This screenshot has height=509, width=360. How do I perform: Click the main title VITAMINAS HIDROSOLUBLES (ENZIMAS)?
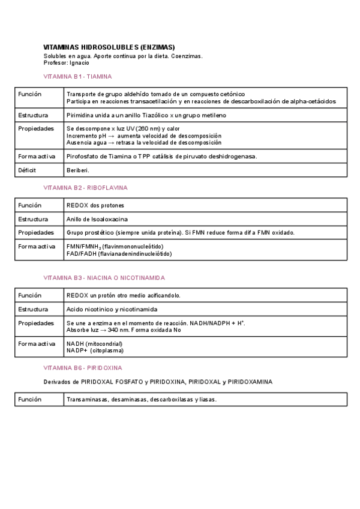pyautogui.click(x=109, y=47)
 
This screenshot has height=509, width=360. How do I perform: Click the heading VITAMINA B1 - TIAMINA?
pyautogui.click(x=78, y=77)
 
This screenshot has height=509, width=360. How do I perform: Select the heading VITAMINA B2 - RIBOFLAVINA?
pyautogui.click(x=86, y=188)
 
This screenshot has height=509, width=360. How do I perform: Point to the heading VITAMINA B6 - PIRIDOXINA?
pyautogui.click(x=83, y=367)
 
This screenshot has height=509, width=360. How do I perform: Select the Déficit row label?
pyautogui.click(x=28, y=170)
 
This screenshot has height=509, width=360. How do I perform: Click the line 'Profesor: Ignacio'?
pyautogui.click(x=66, y=62)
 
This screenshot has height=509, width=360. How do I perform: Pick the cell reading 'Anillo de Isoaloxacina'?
pyautogui.click(x=97, y=219)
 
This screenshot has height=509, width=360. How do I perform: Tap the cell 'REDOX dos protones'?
pyautogui.click(x=93, y=205)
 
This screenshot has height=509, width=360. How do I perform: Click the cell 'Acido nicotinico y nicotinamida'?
pyautogui.click(x=112, y=309)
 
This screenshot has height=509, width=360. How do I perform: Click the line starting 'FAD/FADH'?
pyautogui.click(x=119, y=254)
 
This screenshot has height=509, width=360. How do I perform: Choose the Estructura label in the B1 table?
pyautogui.click(x=33, y=115)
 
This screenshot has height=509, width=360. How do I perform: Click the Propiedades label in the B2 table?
pyautogui.click(x=35, y=232)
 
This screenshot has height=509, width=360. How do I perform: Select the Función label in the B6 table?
pyautogui.click(x=30, y=399)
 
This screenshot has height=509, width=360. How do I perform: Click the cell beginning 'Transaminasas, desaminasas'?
pyautogui.click(x=141, y=399)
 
